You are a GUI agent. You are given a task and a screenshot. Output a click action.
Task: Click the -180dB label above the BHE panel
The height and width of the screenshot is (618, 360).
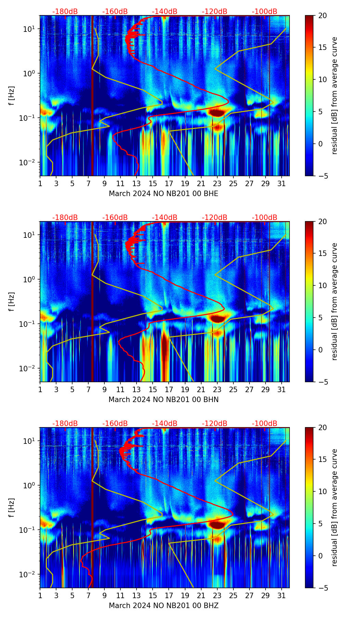65,12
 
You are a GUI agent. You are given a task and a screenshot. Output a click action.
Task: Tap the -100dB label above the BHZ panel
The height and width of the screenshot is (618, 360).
265,424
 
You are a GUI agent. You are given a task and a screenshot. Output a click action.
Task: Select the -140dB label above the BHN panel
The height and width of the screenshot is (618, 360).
165,218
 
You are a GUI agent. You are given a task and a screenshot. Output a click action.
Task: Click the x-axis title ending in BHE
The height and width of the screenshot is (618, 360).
163,194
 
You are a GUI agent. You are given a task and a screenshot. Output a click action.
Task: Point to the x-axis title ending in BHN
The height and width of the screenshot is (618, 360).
163,400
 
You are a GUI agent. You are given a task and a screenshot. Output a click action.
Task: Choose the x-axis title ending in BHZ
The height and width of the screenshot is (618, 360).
163,606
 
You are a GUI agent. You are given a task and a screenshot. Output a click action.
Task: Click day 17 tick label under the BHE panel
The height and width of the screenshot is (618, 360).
169,183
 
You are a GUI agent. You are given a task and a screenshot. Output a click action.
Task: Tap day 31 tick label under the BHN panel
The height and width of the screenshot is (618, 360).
282,389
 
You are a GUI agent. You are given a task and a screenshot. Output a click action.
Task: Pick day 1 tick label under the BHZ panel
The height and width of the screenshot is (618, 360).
40,595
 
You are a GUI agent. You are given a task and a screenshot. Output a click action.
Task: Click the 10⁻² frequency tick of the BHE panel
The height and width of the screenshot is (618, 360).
30,162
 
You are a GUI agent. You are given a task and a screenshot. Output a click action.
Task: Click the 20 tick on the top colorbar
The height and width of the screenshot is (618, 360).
323,15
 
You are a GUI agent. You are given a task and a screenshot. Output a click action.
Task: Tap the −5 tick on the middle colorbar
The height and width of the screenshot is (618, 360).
323,382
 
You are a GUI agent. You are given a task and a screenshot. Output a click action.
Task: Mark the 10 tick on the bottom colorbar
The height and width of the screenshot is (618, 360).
323,492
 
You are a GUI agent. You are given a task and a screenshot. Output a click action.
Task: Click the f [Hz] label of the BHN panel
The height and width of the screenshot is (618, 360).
12,301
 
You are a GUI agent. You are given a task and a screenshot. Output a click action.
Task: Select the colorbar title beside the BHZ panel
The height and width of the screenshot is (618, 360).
334,507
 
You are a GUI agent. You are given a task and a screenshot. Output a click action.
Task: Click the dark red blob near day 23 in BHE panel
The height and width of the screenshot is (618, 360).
217,112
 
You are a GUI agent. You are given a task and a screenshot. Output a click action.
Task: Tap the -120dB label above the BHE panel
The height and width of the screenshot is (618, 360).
215,12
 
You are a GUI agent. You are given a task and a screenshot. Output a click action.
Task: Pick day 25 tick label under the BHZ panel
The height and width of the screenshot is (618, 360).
233,595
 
